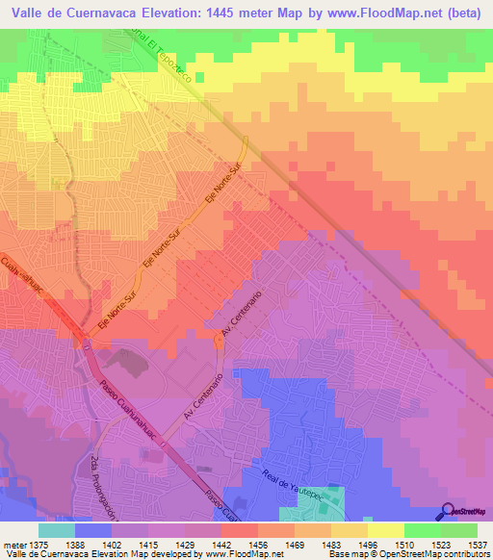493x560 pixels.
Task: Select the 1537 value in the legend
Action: coord(463,543)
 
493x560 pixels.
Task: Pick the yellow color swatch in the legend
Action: coord(386,530)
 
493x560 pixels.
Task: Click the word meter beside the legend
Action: coord(13,543)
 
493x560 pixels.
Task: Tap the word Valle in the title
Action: coord(30,14)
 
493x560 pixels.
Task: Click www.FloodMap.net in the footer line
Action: coord(230,554)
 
